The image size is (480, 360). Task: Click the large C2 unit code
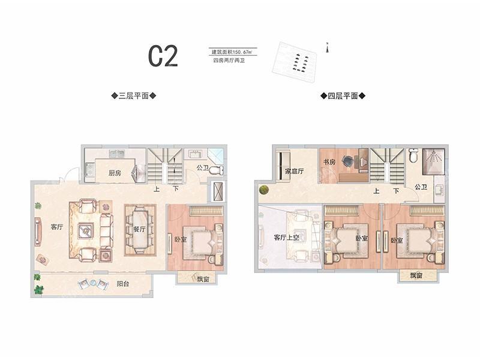click(x=163, y=56)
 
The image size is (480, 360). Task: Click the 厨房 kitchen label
click(x=115, y=173)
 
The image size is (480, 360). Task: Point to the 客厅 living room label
click(x=57, y=227)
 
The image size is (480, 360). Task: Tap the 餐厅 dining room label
click(x=140, y=229)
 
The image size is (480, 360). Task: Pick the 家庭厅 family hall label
click(x=294, y=172)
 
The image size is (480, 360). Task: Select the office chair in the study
click(x=348, y=161)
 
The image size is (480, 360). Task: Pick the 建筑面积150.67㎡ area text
click(x=232, y=52)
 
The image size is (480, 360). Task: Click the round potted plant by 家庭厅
click(x=264, y=190)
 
